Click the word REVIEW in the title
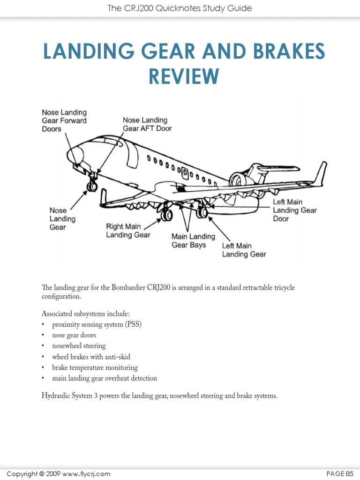coord(184,76)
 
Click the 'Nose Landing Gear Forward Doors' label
coord(64,120)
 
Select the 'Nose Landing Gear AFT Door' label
coord(147,124)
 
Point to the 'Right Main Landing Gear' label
coord(128,231)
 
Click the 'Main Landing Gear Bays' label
coord(193,240)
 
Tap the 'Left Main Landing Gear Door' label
coord(295,210)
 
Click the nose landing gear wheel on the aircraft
coord(92,187)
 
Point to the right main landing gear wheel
coord(166,215)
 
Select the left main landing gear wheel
coord(202,212)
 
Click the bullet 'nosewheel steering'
coord(79,346)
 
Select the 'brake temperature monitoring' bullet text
coord(95,367)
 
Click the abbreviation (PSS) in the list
coord(133,324)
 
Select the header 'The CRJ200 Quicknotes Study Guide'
coord(180,8)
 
